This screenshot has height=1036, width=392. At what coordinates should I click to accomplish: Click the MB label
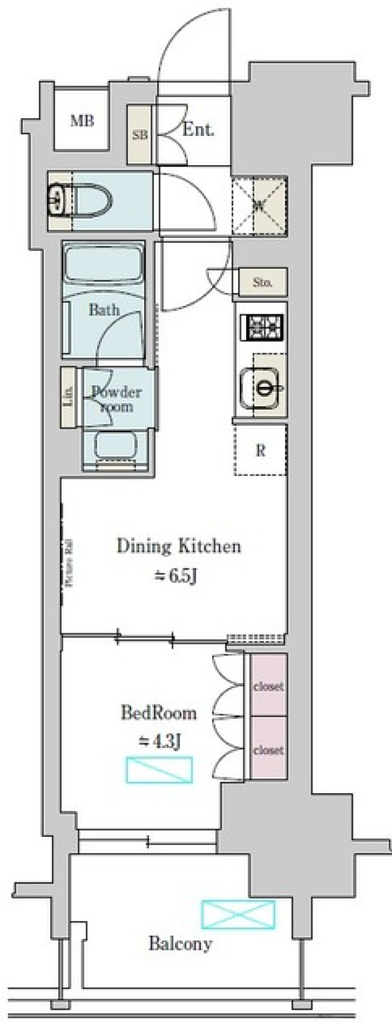[82, 121]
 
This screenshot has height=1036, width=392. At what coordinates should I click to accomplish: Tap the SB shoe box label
[140, 135]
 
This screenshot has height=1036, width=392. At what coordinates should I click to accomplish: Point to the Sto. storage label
[263, 282]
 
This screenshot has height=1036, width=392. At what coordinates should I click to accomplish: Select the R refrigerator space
[261, 450]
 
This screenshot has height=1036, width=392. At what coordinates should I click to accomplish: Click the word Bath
[104, 310]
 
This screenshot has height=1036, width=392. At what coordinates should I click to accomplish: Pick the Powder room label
[116, 399]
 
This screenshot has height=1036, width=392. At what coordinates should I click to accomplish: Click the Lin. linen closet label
[69, 396]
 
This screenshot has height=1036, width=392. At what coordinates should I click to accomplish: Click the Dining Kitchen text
[179, 546]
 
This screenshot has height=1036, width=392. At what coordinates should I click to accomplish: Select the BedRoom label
[159, 713]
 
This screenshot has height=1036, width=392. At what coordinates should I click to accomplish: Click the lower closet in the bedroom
[268, 750]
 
